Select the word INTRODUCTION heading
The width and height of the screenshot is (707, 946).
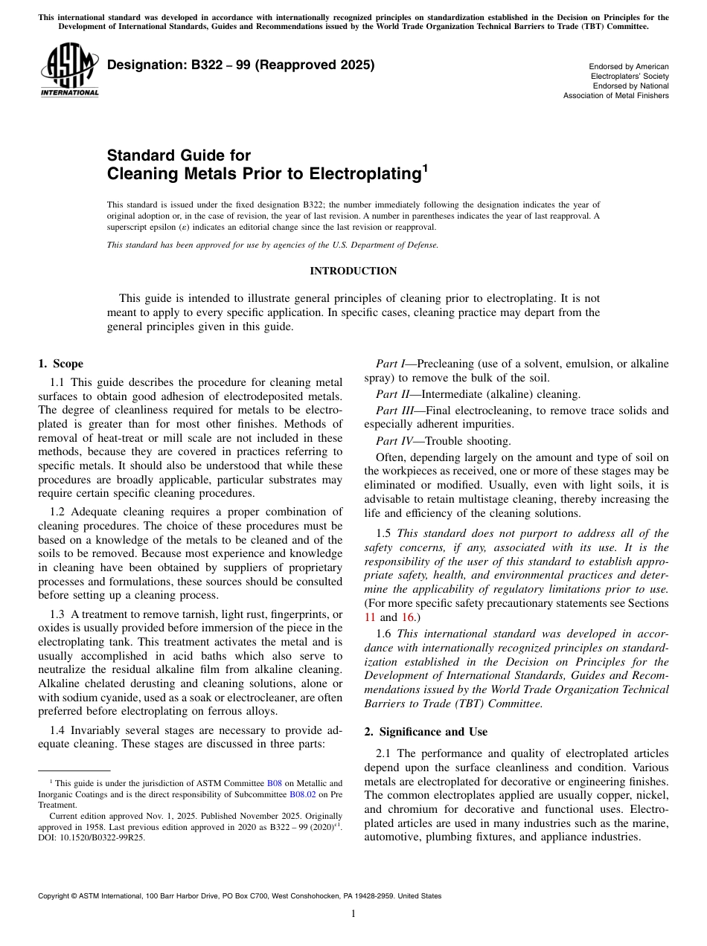point(353,271)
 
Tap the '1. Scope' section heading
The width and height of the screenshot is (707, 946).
point(60,364)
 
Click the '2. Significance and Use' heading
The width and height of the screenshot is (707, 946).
point(424,732)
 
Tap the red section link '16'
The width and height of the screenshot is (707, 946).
point(409,617)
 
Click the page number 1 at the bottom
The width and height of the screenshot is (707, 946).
point(353,914)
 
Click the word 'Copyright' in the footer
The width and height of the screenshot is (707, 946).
point(56,896)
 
